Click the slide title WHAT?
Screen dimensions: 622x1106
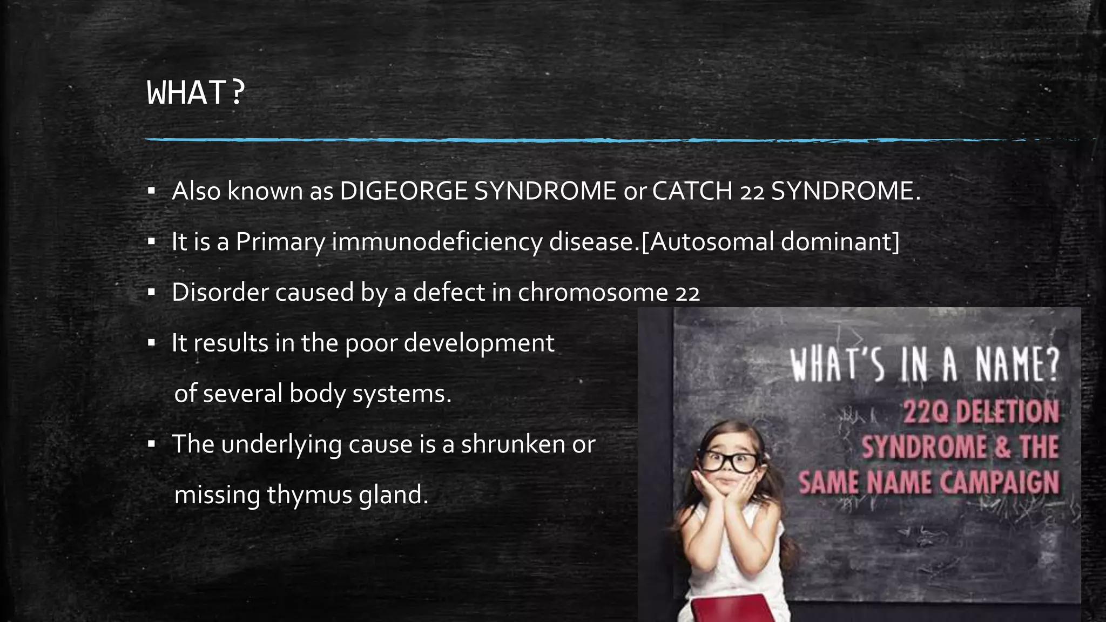(196, 93)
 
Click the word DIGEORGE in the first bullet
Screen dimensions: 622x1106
(403, 191)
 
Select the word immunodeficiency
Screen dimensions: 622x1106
(436, 241)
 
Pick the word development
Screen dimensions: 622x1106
(479, 342)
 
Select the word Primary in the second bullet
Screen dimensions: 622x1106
(280, 241)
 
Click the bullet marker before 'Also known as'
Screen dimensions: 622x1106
(152, 191)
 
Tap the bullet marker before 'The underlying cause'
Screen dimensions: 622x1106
(152, 444)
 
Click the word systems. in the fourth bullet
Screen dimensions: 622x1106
(402, 393)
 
